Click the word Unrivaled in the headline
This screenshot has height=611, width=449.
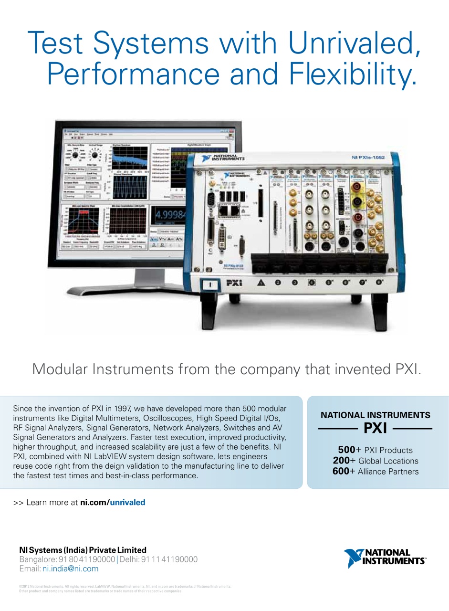tap(353, 43)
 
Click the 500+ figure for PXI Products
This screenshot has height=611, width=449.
tap(346, 450)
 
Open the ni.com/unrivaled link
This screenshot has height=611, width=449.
tap(113, 502)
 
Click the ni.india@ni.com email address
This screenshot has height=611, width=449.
tap(70, 569)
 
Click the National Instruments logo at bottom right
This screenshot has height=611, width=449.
tap(384, 558)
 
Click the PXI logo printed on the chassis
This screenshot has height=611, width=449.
tap(234, 283)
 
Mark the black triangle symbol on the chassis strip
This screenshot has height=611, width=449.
tap(261, 283)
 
